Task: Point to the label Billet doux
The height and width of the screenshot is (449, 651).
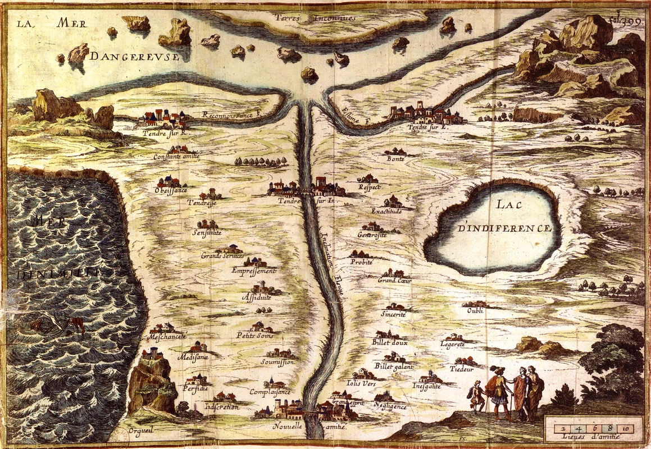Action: [389, 342]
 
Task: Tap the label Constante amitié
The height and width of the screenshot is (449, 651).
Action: [177, 157]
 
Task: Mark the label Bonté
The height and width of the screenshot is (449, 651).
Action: [395, 159]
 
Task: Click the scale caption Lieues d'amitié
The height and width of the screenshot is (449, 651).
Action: [591, 438]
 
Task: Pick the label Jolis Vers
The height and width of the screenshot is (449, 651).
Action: [361, 383]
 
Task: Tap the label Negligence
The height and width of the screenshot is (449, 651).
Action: [389, 406]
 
